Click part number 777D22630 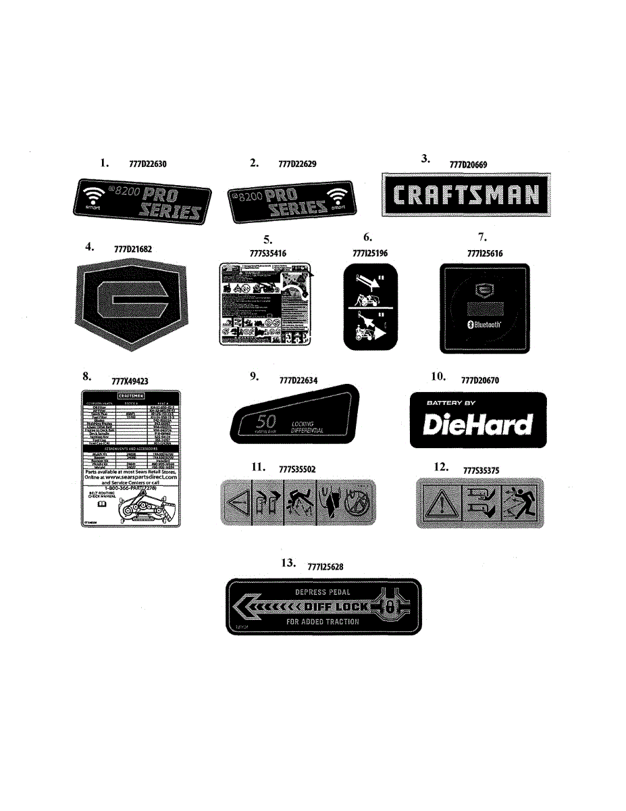pyautogui.click(x=148, y=164)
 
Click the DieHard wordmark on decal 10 pyautogui.click(x=477, y=424)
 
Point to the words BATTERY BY pyautogui.click(x=450, y=403)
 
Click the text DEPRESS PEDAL pyautogui.click(x=323, y=593)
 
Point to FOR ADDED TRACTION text pyautogui.click(x=323, y=622)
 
